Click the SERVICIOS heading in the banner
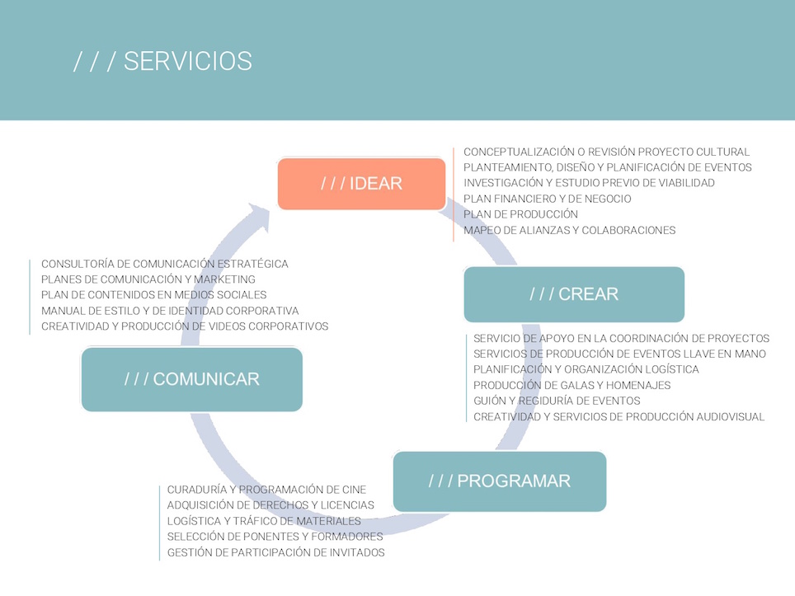point(162,61)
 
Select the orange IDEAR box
point(361,184)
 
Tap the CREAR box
point(574,294)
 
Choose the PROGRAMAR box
point(500,481)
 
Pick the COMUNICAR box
point(191,379)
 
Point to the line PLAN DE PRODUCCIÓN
point(520,214)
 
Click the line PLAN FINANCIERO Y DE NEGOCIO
point(548,199)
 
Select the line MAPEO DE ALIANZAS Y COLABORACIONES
point(569,230)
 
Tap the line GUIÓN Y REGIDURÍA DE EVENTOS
point(557,401)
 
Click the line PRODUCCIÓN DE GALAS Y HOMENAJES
point(572,385)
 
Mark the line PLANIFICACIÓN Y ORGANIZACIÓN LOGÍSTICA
point(586,369)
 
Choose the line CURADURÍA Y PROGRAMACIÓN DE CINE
point(266,490)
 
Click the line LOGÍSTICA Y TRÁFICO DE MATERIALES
point(264,521)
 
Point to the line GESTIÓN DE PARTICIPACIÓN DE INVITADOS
point(275,552)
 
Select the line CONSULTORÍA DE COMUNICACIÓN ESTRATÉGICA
point(165,264)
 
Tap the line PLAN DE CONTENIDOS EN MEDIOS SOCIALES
point(153,295)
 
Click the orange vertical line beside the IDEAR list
point(454,195)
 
